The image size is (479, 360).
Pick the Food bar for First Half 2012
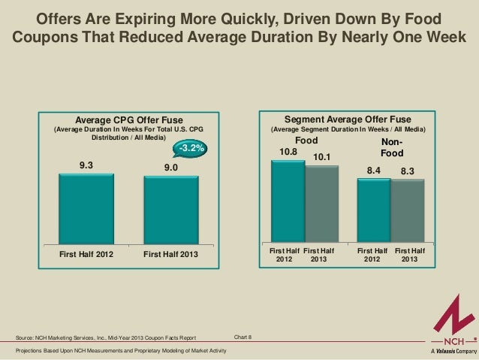pos(288,202)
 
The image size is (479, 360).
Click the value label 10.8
pos(288,152)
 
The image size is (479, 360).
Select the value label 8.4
pos(374,171)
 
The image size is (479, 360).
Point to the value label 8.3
pos(408,171)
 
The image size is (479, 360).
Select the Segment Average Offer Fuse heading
pos(347,118)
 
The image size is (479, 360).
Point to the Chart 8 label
pos(243,337)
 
